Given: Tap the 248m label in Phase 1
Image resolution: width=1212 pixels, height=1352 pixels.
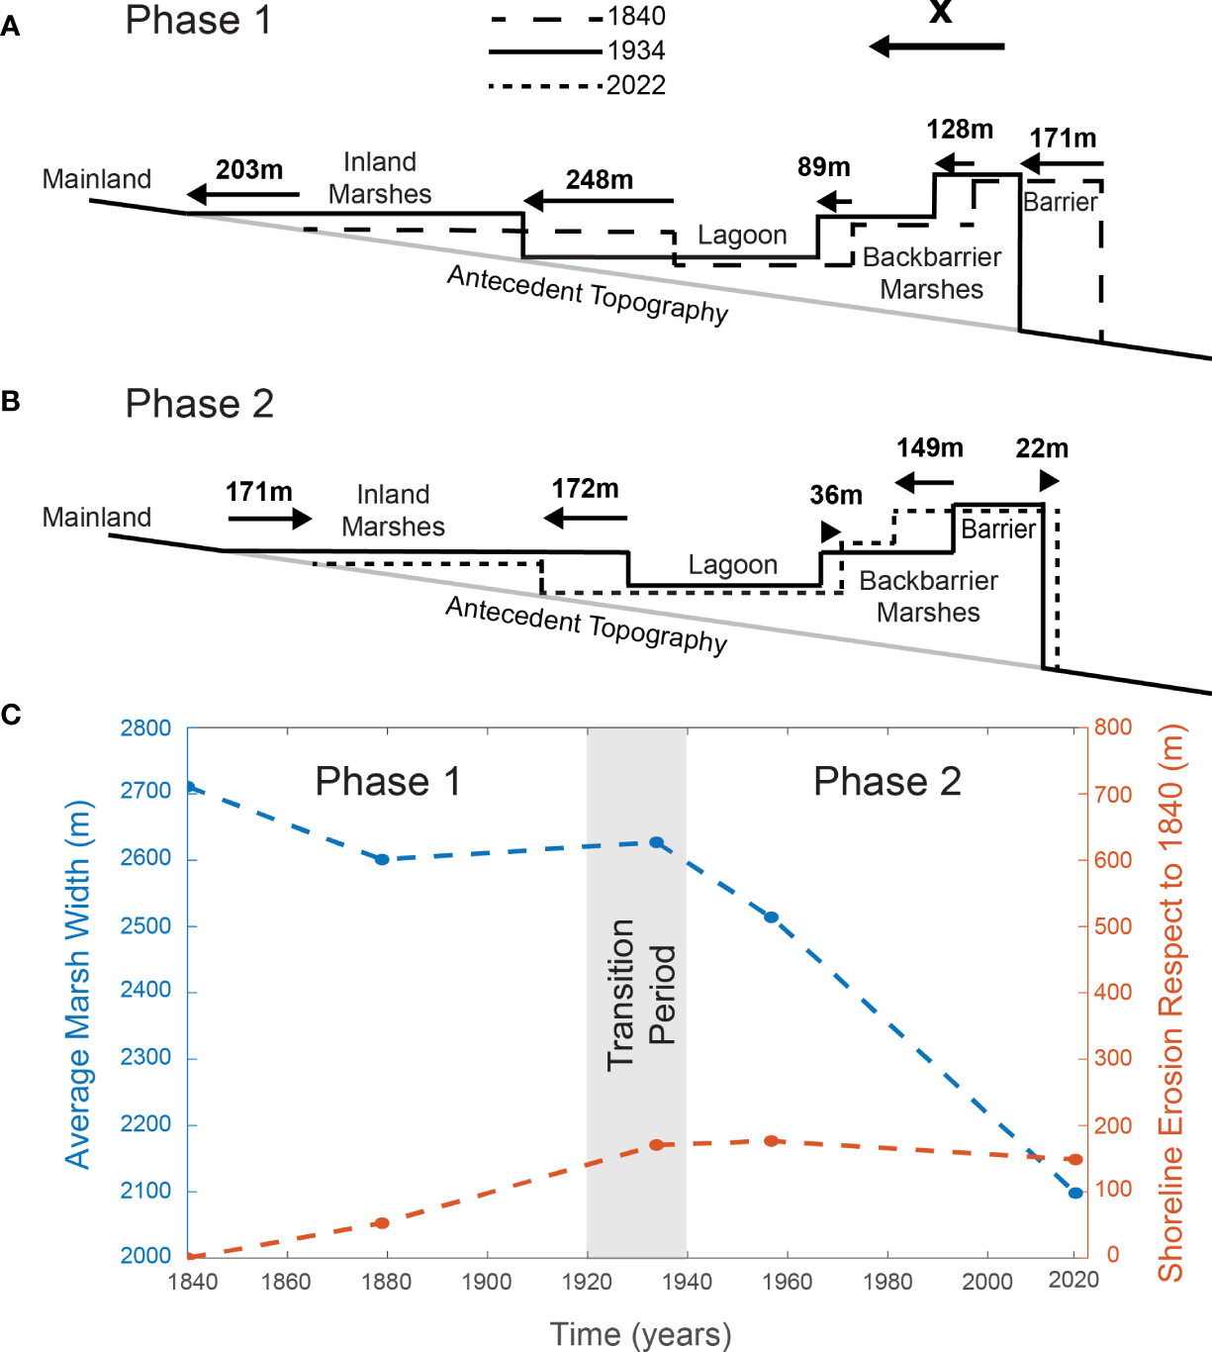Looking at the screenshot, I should click(x=600, y=180).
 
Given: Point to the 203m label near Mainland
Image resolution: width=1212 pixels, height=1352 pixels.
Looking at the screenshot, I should click(x=249, y=170).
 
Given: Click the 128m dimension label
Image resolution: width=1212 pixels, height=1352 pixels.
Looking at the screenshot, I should click(x=960, y=130).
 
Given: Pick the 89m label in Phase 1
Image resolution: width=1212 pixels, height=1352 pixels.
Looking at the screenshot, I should click(x=824, y=167).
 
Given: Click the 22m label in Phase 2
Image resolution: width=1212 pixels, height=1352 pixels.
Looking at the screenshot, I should click(x=1042, y=448).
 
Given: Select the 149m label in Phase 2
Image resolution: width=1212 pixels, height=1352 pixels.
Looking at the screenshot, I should click(x=930, y=447).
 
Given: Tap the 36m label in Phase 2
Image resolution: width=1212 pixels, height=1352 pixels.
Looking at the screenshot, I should click(x=836, y=495).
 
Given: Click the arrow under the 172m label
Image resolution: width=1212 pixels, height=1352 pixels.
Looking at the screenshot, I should click(x=586, y=518).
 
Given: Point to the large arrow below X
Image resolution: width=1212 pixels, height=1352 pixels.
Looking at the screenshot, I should click(x=936, y=47).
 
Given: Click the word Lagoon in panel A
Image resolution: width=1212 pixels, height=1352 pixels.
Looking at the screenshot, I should click(x=742, y=236).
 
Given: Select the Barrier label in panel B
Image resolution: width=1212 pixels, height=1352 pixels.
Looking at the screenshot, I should click(x=998, y=530).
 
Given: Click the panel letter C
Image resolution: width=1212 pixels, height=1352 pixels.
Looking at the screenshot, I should click(x=11, y=715).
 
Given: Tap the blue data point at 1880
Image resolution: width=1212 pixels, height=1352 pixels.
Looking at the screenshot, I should click(x=383, y=859).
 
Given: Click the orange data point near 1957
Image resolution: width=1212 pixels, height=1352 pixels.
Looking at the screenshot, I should click(x=772, y=1141).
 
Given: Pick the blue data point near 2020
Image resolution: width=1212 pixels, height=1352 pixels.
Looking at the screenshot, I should click(x=1075, y=1193).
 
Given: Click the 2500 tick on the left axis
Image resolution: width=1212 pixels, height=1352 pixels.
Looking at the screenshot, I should click(x=145, y=926).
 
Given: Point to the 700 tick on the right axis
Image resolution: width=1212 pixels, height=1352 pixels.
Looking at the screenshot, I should click(x=1113, y=795).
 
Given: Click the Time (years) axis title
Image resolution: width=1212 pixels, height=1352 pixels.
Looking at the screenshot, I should click(x=640, y=1334).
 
